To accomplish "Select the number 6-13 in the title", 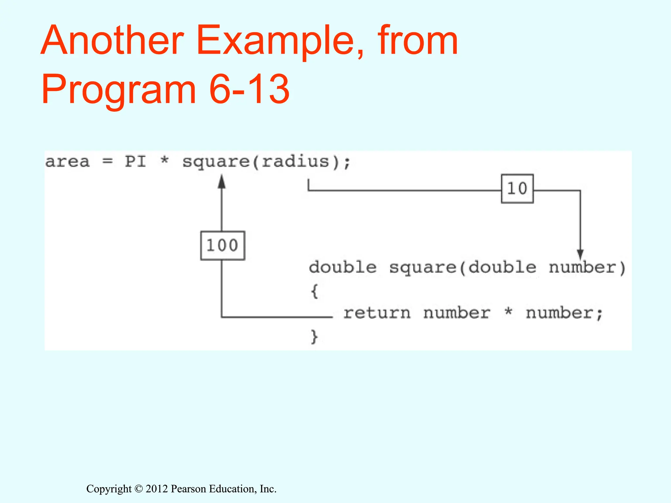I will (x=249, y=89).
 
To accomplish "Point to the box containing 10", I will (x=517, y=189).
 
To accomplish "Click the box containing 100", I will (x=222, y=246).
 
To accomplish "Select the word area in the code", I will (x=67, y=162).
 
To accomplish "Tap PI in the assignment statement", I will (x=135, y=161).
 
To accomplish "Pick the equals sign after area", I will (x=107, y=161).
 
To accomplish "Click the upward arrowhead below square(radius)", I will (x=222, y=181).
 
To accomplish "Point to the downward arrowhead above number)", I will (x=580, y=254).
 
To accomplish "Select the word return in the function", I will (x=377, y=313).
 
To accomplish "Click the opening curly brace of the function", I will (x=314, y=291).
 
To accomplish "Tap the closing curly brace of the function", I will (x=314, y=337).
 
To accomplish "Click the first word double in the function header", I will (x=343, y=268).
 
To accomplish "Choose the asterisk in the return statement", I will (x=508, y=311).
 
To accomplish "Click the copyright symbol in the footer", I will (x=139, y=489).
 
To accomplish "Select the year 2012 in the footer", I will (x=157, y=489).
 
